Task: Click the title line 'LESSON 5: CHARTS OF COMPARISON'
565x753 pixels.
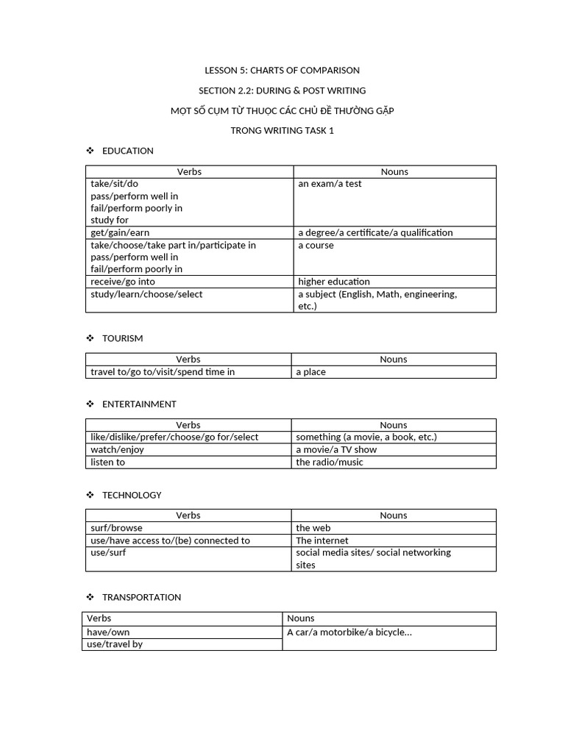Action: coord(282,71)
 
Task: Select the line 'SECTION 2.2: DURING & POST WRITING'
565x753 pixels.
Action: coord(282,90)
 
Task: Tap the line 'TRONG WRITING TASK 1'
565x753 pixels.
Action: coord(282,131)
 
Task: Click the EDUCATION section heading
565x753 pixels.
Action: coord(128,151)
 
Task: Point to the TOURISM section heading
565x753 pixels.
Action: coord(122,338)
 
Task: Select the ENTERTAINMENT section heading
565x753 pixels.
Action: coord(139,404)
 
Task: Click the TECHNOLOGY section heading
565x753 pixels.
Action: coord(132,495)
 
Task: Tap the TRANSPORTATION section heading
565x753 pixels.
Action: coord(141,597)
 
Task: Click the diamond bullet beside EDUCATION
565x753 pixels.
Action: coord(90,151)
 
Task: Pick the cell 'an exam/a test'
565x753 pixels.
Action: coord(330,184)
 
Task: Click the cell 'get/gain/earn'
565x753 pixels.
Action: coord(120,232)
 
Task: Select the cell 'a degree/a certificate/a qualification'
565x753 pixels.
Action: coord(375,232)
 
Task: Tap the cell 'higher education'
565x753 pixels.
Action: coord(334,282)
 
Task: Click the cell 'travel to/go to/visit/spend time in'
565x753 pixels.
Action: coord(163,372)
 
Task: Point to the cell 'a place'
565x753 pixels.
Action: coord(311,372)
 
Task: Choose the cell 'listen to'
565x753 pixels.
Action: coord(108,462)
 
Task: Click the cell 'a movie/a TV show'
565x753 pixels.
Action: coord(336,449)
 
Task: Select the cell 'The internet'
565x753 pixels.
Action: coord(322,540)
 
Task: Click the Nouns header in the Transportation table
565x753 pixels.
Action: coord(301,618)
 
